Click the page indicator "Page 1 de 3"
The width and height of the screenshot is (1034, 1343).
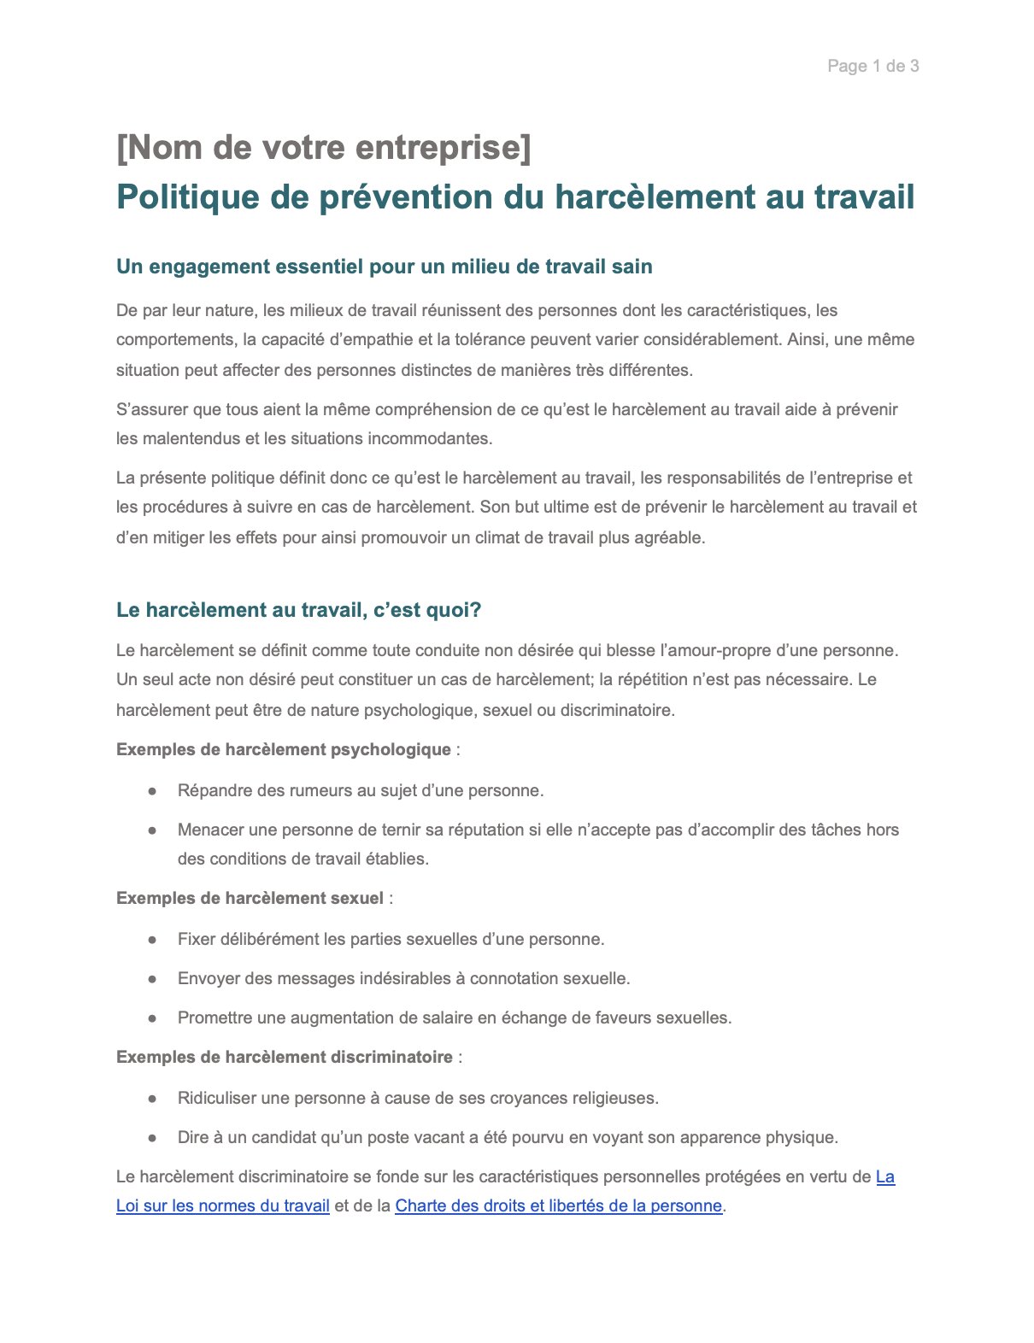(872, 66)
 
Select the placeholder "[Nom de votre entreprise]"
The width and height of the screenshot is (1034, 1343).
(323, 147)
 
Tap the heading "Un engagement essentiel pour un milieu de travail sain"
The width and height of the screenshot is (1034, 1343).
(384, 267)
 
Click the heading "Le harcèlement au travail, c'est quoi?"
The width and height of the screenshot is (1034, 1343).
(298, 610)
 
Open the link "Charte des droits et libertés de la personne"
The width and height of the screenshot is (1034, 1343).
(558, 1205)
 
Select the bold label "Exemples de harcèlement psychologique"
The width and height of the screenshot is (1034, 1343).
(283, 749)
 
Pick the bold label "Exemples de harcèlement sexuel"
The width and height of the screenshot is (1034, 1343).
(250, 898)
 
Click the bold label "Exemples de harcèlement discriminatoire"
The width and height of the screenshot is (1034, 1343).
(284, 1057)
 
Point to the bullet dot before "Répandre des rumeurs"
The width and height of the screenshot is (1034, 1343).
(152, 791)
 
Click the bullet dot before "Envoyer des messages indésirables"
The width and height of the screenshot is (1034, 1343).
(152, 979)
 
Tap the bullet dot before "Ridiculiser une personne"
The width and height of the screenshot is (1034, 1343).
(152, 1099)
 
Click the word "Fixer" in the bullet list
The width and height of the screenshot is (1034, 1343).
(197, 939)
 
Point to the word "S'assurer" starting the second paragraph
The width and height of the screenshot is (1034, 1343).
(152, 409)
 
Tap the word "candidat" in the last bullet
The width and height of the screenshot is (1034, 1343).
(284, 1137)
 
